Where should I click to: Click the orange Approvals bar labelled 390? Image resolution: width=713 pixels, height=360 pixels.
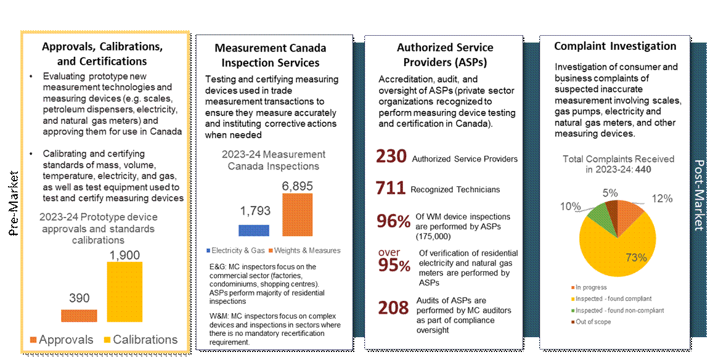[79, 315]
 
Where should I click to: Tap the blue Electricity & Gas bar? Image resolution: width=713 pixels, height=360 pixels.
[253, 230]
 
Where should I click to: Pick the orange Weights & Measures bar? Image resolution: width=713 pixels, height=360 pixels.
[297, 215]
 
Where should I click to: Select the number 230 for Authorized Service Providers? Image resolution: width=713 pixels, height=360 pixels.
[391, 157]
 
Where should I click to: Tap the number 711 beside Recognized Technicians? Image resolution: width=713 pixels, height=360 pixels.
[391, 188]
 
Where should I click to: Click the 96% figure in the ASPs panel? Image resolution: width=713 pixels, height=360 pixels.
[393, 221]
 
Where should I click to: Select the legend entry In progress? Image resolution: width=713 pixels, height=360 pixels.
[590, 287]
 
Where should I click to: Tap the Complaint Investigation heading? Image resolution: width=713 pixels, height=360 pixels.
[614, 46]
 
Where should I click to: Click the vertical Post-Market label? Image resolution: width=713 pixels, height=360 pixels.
[698, 195]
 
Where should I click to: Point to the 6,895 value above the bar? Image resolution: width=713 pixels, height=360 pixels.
[298, 184]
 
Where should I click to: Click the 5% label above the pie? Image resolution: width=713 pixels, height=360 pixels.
[610, 193]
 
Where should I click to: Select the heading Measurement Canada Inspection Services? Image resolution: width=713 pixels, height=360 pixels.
[271, 55]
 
